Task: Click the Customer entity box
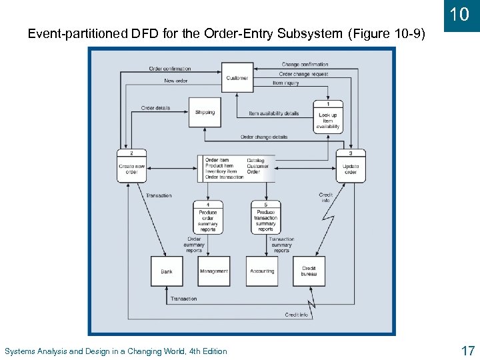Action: (237, 77)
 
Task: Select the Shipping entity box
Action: (205, 113)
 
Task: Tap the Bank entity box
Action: (167, 271)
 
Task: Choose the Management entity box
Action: (214, 271)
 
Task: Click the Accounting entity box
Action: (262, 271)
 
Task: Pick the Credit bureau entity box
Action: (309, 271)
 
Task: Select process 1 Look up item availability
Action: (328, 117)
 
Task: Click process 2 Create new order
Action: (132, 166)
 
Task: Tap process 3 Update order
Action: (351, 166)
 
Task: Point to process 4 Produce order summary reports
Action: (209, 217)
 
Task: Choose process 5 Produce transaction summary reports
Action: (265, 217)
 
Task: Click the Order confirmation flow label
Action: (170, 69)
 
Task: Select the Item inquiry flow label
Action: (286, 83)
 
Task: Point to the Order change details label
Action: (264, 137)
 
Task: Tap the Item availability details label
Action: (274, 113)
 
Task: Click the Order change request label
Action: (304, 74)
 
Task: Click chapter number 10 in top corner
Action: (460, 14)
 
